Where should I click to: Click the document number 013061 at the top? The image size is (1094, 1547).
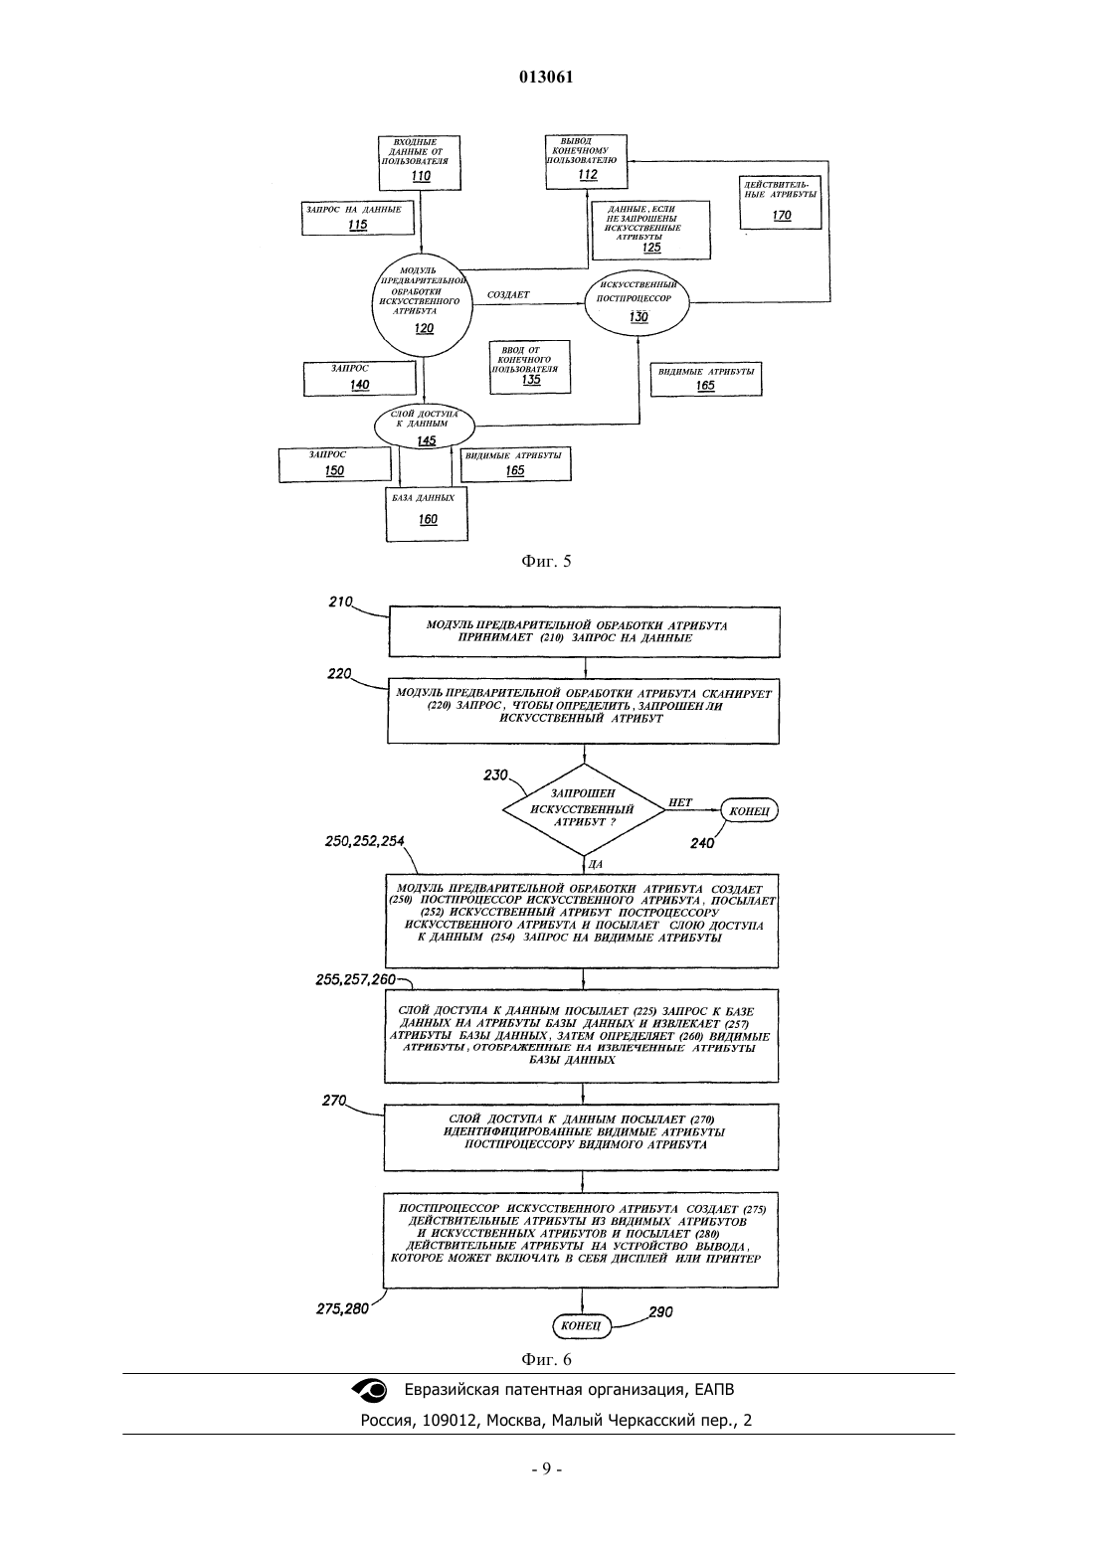point(546,78)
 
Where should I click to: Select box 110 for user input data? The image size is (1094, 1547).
point(420,162)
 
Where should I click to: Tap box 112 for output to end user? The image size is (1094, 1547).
point(587,162)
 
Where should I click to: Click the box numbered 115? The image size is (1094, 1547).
point(358,219)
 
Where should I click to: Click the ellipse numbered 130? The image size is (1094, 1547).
point(637,302)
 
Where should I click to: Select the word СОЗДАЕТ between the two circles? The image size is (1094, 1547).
point(508,294)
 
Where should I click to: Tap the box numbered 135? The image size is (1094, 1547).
point(530,367)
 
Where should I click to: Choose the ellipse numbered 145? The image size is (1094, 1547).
point(424,427)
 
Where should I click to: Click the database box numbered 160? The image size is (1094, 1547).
point(427,513)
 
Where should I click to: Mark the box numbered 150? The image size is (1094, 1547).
point(335,464)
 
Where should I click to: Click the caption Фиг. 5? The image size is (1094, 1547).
point(546,561)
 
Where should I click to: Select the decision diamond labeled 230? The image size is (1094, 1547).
point(584,809)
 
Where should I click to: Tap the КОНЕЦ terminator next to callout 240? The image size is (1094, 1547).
point(749,811)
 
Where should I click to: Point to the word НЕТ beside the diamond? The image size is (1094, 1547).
point(680,802)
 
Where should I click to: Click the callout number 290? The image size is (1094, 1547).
point(661,1312)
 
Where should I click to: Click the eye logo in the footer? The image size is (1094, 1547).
point(370,1390)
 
